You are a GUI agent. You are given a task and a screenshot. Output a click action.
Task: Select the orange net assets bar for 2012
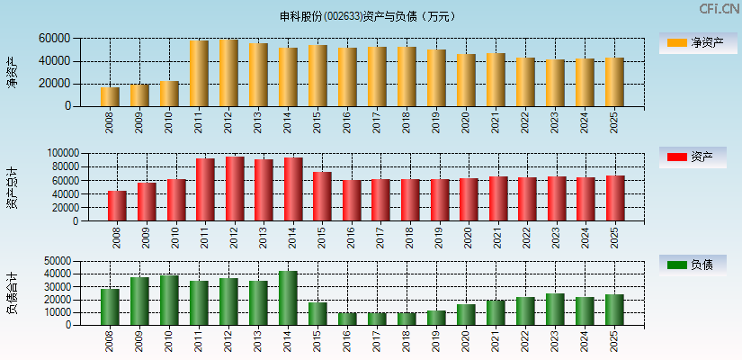point(228,73)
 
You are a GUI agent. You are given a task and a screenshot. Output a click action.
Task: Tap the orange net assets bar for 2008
point(110,96)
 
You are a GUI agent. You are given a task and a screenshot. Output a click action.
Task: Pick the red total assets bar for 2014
point(293,189)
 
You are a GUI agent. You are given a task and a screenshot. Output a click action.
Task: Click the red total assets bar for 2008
point(117,205)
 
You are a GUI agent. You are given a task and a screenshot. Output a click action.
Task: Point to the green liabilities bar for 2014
point(288,298)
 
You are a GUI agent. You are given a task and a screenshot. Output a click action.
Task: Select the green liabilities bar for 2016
point(347,319)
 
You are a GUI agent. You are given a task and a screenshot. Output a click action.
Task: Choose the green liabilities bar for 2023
point(555,309)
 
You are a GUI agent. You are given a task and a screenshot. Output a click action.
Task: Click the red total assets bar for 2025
point(615,198)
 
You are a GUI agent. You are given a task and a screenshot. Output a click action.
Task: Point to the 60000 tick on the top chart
point(54,39)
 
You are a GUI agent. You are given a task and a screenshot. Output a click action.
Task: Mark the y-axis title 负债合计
point(12,292)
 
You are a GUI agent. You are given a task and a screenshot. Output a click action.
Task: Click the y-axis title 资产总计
point(12,187)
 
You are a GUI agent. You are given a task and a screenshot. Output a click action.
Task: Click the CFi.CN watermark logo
point(720,9)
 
